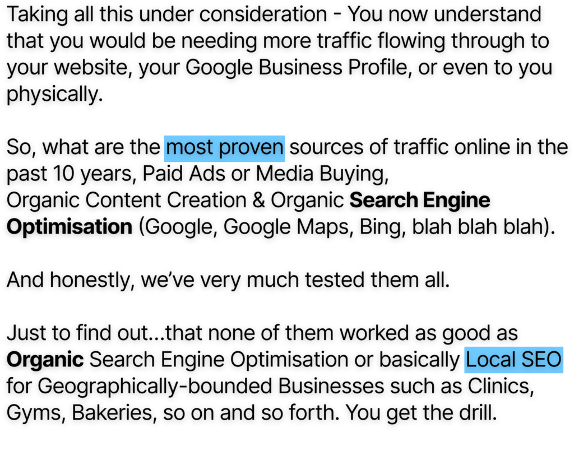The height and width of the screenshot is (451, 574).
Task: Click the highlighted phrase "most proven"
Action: tap(225, 148)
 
